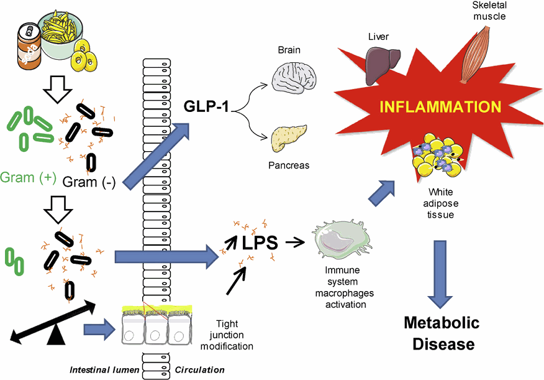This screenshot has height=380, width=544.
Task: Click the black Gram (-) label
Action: click(89, 182)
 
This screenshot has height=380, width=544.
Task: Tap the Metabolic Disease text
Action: click(442, 333)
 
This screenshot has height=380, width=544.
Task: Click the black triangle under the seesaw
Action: click(57, 336)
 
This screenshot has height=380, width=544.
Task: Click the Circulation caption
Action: click(199, 370)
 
